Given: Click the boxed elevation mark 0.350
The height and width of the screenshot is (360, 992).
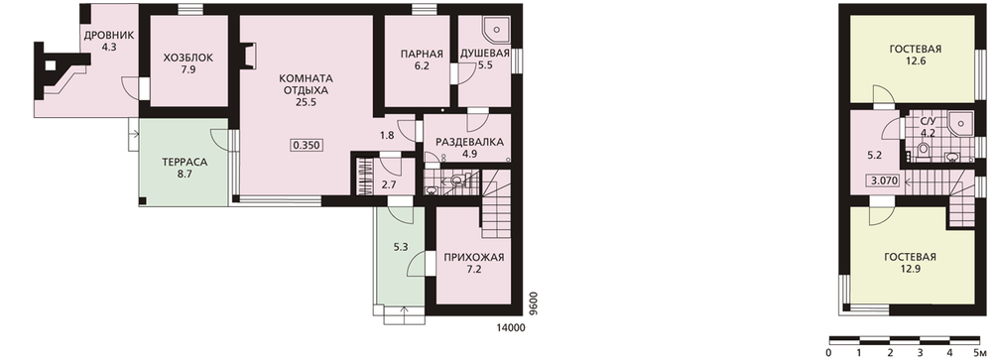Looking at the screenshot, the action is tap(307, 145).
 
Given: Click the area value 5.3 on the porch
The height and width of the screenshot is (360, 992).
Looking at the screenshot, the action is tap(400, 248).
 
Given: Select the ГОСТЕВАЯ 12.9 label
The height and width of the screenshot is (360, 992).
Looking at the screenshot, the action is tap(910, 263).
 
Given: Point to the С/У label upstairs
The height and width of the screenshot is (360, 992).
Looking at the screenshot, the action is tap(928, 121).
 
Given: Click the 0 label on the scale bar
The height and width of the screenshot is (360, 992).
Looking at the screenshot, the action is tap(828, 352).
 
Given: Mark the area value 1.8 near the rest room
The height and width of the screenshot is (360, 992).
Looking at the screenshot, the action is tap(387, 135).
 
